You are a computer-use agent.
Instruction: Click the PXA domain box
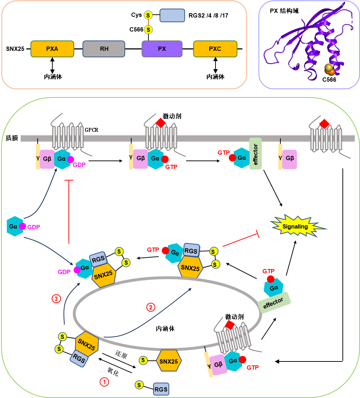(x=52, y=49)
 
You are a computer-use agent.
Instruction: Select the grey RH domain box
(x=104, y=49)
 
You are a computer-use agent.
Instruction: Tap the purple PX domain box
(x=162, y=49)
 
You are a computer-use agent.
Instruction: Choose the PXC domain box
(x=215, y=49)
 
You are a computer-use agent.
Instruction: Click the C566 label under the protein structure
(x=329, y=80)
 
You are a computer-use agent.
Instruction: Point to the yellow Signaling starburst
(x=295, y=227)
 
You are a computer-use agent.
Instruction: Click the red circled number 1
(x=104, y=382)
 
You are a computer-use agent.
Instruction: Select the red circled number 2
(x=151, y=307)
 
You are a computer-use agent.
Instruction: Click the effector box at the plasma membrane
(x=256, y=154)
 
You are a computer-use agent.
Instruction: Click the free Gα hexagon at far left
(x=15, y=226)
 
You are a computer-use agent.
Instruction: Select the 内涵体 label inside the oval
(x=165, y=328)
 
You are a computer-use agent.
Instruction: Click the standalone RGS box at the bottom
(x=161, y=389)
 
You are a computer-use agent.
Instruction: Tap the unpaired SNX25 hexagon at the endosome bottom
(x=169, y=361)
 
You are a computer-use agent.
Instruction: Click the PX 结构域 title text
(x=284, y=11)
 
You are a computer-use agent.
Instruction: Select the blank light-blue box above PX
(x=172, y=16)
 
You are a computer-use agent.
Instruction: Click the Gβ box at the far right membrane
(x=289, y=159)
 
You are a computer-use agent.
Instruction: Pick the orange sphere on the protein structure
(x=331, y=72)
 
